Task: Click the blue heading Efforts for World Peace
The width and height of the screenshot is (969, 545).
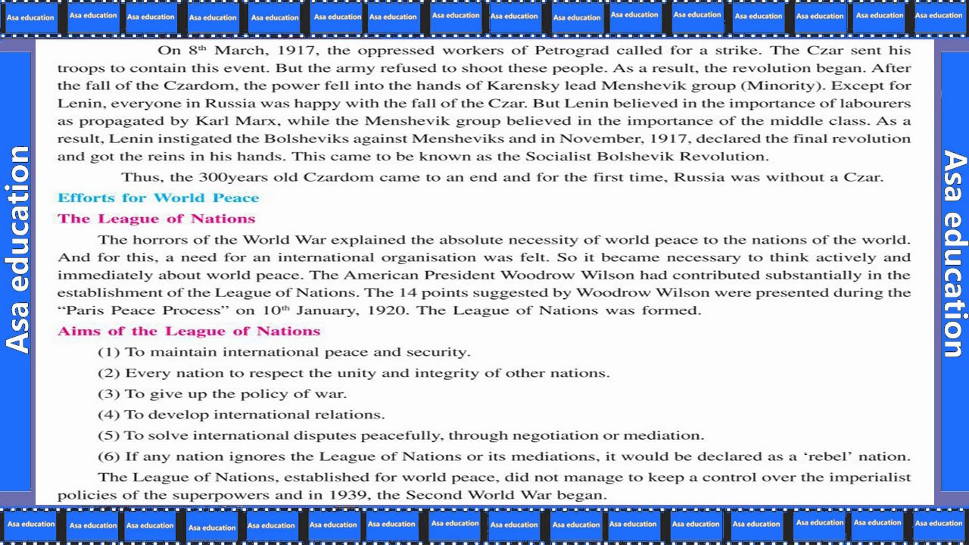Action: click(x=158, y=198)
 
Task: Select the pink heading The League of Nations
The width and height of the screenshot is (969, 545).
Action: click(x=156, y=219)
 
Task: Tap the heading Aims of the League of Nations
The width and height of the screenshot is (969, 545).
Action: click(x=189, y=332)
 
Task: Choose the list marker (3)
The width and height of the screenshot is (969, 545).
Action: click(x=109, y=394)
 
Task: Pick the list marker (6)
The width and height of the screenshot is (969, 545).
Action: click(x=109, y=456)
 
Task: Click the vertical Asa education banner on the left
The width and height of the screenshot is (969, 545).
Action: click(x=17, y=250)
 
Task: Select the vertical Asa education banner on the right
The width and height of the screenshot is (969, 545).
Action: click(x=953, y=254)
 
